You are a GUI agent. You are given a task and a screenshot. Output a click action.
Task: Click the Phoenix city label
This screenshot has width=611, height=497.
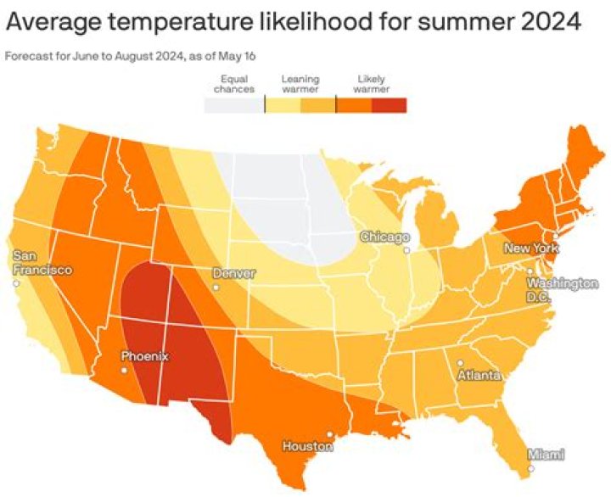pyautogui.click(x=144, y=357)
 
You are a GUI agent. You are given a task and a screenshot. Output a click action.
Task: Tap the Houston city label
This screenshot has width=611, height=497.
pyautogui.click(x=307, y=446)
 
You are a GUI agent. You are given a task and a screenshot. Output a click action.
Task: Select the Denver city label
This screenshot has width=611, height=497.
pyautogui.click(x=234, y=274)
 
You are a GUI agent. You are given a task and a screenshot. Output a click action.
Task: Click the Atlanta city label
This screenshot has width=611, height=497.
pyautogui.click(x=479, y=374)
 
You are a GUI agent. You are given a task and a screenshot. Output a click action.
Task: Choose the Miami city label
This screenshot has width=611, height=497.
pyautogui.click(x=546, y=455)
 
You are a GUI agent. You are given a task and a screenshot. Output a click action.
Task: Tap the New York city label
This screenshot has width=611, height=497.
pyautogui.click(x=530, y=248)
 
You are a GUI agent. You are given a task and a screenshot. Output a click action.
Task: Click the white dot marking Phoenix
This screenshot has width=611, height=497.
pyautogui.click(x=125, y=371)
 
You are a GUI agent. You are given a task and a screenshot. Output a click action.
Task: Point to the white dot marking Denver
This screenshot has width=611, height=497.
pyautogui.click(x=216, y=288)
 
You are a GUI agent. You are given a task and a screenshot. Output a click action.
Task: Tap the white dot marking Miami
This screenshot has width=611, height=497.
pyautogui.click(x=530, y=468)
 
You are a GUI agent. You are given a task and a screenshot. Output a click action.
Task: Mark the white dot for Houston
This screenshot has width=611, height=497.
pyautogui.click(x=329, y=434)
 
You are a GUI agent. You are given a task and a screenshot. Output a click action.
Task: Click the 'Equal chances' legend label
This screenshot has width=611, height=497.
pyautogui.click(x=233, y=83)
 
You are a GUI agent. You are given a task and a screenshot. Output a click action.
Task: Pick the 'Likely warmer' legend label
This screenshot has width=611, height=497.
pyautogui.click(x=371, y=83)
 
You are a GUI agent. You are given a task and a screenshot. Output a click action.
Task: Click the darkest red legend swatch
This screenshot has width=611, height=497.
pyautogui.click(x=390, y=105)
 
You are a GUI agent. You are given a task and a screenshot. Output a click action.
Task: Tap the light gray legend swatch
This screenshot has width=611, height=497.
pyautogui.click(x=234, y=105)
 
